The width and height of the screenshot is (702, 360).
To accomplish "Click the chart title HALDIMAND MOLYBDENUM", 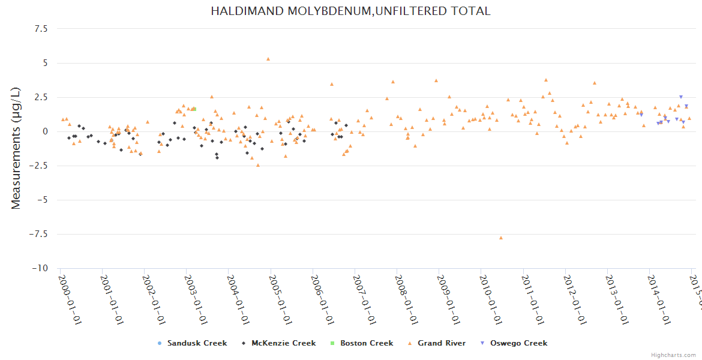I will click(350, 11).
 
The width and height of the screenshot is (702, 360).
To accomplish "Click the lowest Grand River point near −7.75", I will click(501, 238).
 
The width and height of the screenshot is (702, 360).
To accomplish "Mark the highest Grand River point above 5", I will click(268, 59).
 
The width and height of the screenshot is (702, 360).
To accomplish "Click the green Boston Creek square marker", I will click(194, 109).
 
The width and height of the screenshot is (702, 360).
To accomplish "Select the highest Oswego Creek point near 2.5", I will click(680, 97).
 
